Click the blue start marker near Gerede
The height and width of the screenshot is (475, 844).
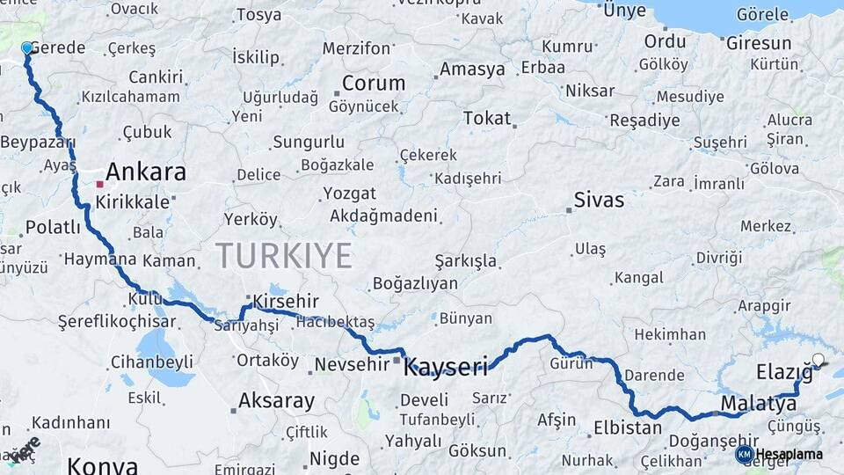[x=27, y=48]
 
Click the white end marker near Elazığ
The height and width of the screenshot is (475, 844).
[x=819, y=359]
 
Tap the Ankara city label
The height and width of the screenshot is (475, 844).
[x=145, y=172]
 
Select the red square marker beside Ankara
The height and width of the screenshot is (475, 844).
[x=100, y=185]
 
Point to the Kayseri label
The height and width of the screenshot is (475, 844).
[x=445, y=368]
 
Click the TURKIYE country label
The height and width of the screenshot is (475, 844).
[x=284, y=255]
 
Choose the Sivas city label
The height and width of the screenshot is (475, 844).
[x=599, y=201]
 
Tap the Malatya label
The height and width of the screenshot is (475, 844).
[x=759, y=404]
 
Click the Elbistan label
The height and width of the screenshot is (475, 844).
[x=628, y=428]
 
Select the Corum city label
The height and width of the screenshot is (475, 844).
[x=374, y=84]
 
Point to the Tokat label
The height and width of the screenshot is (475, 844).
[x=486, y=118]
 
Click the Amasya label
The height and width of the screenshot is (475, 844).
[x=472, y=69]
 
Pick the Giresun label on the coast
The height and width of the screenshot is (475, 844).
[x=759, y=43]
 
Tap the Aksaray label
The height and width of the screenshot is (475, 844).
[x=276, y=402]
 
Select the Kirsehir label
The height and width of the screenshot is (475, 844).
[x=285, y=303]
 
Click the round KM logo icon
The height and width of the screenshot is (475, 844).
[x=745, y=454]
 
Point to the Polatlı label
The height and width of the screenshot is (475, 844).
[x=53, y=228]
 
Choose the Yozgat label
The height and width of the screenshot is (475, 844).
[x=349, y=194]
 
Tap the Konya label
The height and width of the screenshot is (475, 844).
[x=102, y=465]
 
